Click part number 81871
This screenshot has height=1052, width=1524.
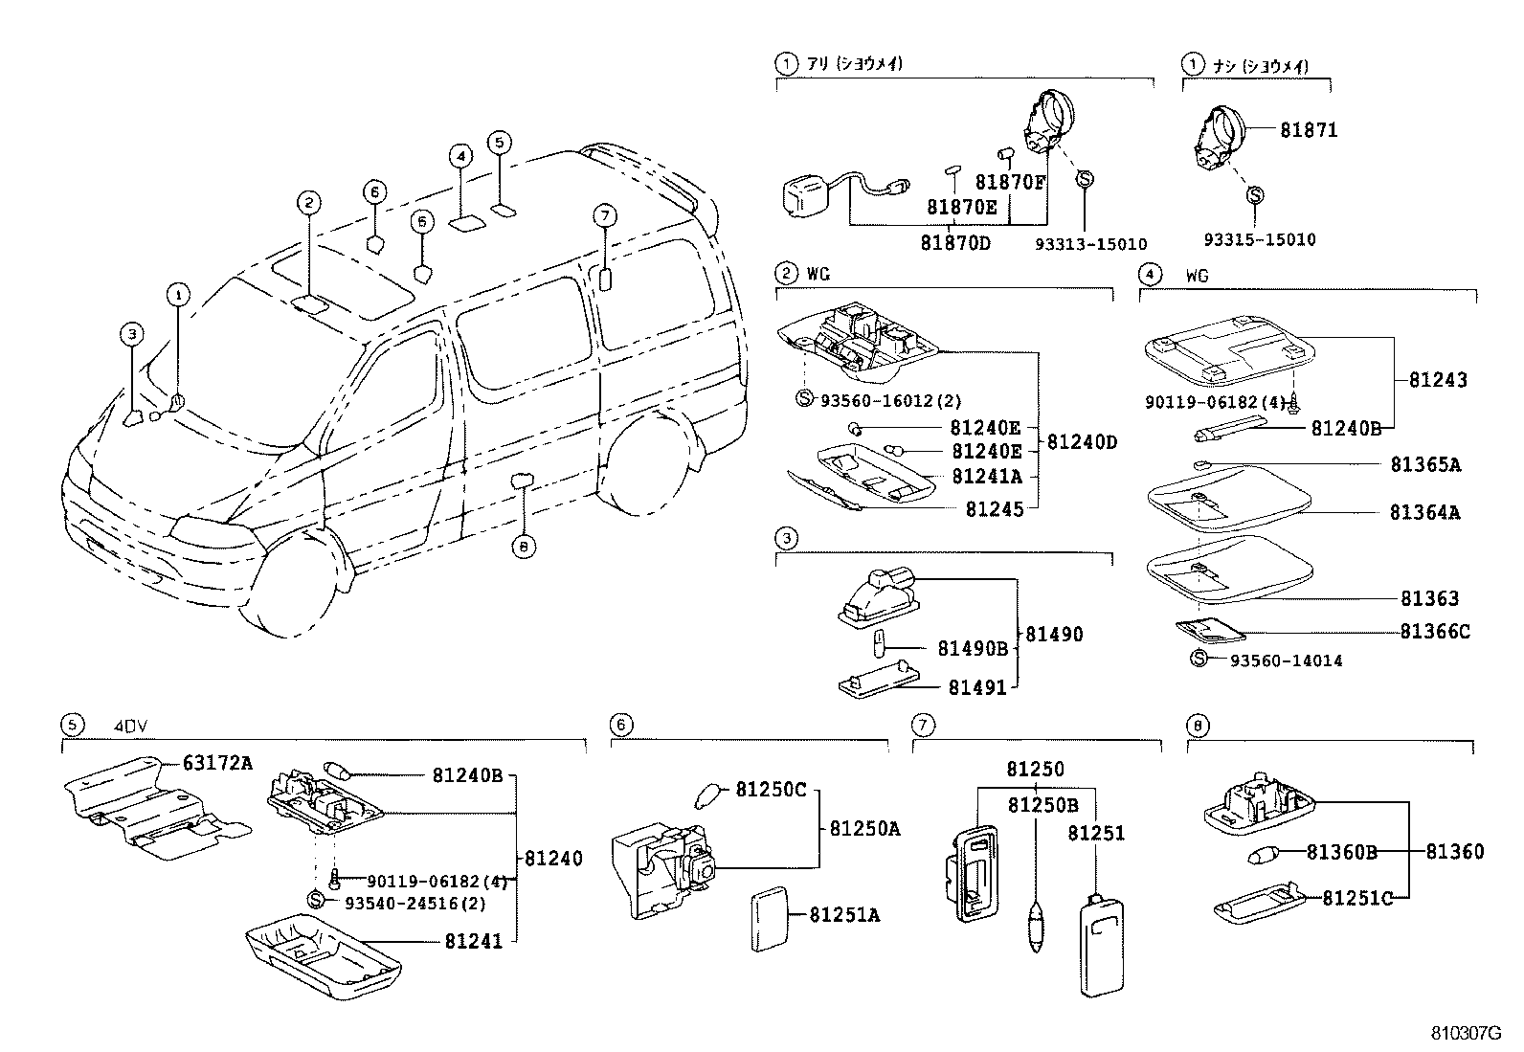pyautogui.click(x=1309, y=129)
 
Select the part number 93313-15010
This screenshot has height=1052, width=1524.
pyautogui.click(x=1090, y=244)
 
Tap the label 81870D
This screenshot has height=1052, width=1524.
pyautogui.click(x=955, y=243)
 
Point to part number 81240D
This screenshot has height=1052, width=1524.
pyautogui.click(x=1082, y=442)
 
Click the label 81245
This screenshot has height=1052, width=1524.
pyautogui.click(x=994, y=509)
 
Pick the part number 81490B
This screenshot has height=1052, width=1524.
pyautogui.click(x=972, y=649)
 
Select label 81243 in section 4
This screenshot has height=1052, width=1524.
pyautogui.click(x=1438, y=380)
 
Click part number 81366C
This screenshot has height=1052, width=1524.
pyautogui.click(x=1434, y=631)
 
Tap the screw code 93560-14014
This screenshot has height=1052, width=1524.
pyautogui.click(x=1286, y=660)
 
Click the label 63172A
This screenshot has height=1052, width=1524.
pyautogui.click(x=217, y=762)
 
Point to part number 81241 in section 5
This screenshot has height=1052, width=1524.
pyautogui.click(x=473, y=941)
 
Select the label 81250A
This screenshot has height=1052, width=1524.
pyautogui.click(x=864, y=829)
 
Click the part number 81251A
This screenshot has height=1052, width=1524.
pyautogui.click(x=843, y=915)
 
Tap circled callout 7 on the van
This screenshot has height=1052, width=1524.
pyautogui.click(x=603, y=215)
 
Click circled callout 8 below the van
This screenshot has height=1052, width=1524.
pyautogui.click(x=523, y=547)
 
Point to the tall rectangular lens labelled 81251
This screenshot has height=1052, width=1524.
pyautogui.click(x=1100, y=942)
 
